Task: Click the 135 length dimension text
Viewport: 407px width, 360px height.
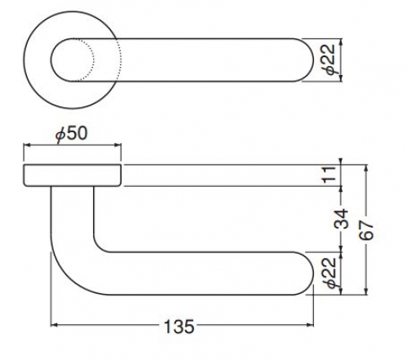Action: tap(179, 327)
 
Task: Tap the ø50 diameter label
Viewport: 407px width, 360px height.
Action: tap(72, 134)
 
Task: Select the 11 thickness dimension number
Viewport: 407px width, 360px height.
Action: tap(330, 176)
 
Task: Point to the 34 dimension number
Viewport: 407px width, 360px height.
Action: tap(341, 219)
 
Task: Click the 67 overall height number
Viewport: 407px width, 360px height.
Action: tap(366, 230)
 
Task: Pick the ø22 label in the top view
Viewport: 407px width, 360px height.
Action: tap(330, 59)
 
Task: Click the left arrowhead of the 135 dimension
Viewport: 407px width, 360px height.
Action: tap(54, 325)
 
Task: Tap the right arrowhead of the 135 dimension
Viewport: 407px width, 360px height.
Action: tap(311, 325)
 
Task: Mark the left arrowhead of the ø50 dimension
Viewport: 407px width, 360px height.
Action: tap(27, 145)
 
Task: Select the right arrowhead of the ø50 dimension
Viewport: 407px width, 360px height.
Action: tap(117, 145)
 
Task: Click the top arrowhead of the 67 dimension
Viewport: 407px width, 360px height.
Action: tap(366, 168)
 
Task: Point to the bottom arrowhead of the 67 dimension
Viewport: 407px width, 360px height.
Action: tap(366, 291)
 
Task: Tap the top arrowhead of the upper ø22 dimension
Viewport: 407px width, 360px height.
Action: tap(342, 42)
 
